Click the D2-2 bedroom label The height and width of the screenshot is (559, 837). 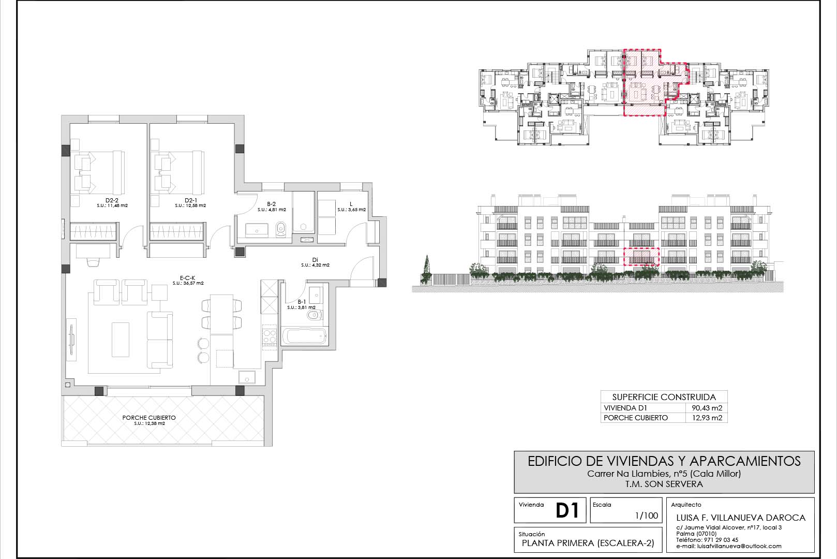click(x=112, y=200)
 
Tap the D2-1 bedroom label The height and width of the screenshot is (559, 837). click(x=190, y=200)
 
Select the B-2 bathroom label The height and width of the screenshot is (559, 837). click(x=271, y=204)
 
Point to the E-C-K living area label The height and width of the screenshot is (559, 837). click(x=188, y=278)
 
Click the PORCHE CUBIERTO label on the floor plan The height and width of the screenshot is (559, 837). click(x=149, y=418)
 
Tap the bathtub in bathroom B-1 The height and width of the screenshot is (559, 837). click(x=304, y=336)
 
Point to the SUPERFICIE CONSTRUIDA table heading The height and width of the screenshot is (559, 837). click(x=664, y=397)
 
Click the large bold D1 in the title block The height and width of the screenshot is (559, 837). click(x=567, y=510)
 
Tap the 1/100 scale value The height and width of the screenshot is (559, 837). click(x=647, y=516)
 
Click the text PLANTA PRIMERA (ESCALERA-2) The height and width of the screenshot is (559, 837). click(x=588, y=543)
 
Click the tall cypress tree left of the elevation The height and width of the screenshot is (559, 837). click(x=427, y=269)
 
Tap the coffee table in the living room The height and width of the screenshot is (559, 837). click(x=121, y=340)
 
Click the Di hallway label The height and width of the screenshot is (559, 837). click(x=315, y=260)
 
